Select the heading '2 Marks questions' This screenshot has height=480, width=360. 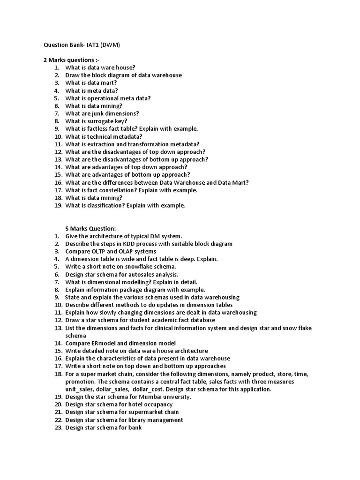click(72, 60)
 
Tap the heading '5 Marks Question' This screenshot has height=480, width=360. click(91, 228)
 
